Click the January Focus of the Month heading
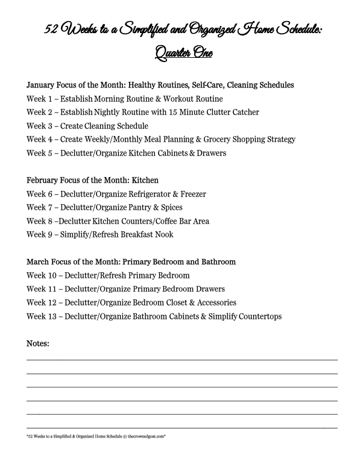[x=160, y=85]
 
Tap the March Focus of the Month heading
[x=131, y=262]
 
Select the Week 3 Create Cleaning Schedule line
[x=87, y=126]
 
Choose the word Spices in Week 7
[x=171, y=207]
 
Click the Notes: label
[x=38, y=343]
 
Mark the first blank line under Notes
[x=182, y=359]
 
